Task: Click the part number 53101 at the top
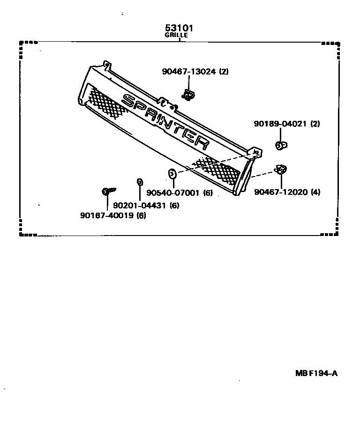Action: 178,28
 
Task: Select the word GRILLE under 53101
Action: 176,35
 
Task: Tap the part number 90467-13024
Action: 189,72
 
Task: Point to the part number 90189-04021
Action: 280,124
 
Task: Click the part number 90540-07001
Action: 173,192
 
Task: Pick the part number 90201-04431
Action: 140,205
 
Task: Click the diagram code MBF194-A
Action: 316,373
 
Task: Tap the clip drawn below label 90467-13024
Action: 188,96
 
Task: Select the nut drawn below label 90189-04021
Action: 280,145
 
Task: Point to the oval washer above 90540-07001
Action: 172,175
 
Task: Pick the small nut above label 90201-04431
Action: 140,182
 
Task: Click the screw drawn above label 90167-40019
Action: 108,191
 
